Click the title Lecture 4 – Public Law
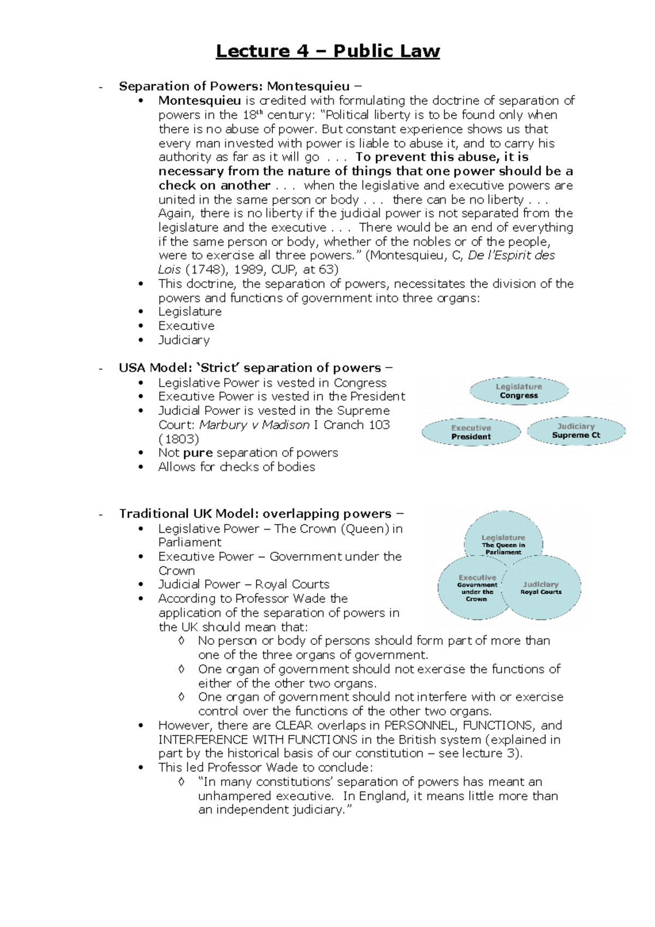327,51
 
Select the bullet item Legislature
190,312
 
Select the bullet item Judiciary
184,340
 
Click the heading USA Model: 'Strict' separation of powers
250,368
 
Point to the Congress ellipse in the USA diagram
519,391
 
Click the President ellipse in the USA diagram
471,432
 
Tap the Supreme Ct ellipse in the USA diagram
576,431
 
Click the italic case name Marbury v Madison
254,425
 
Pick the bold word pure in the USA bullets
198,453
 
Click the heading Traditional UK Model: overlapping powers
255,514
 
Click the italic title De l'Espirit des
511,255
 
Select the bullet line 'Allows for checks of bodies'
236,467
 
